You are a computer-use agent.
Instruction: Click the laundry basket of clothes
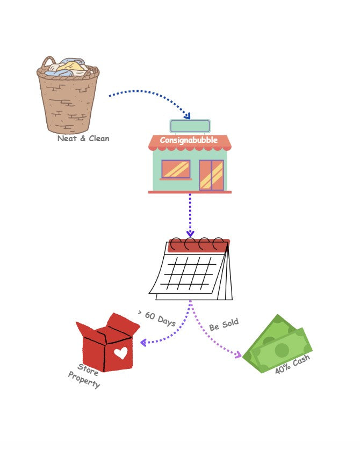click(x=68, y=95)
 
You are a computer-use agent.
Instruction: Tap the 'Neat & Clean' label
click(x=83, y=139)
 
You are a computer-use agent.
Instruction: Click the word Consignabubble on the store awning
click(x=189, y=141)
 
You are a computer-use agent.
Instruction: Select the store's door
click(x=211, y=175)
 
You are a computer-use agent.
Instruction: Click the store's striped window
click(x=176, y=169)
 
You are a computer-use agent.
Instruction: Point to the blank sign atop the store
click(x=190, y=126)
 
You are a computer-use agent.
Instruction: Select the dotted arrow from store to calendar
click(x=190, y=212)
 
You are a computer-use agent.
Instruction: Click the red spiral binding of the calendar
click(x=198, y=245)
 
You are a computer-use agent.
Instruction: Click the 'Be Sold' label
click(x=224, y=325)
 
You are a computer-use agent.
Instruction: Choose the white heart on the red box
click(x=121, y=353)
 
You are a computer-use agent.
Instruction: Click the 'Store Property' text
click(x=85, y=376)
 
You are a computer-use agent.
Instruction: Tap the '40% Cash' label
click(x=292, y=365)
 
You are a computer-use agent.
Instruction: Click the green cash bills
click(x=278, y=345)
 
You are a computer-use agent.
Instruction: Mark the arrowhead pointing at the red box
click(x=143, y=342)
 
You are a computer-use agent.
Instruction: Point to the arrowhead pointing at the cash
click(x=238, y=354)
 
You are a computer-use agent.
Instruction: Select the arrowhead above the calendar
click(x=190, y=234)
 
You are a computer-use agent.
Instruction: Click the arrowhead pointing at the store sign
click(x=187, y=116)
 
